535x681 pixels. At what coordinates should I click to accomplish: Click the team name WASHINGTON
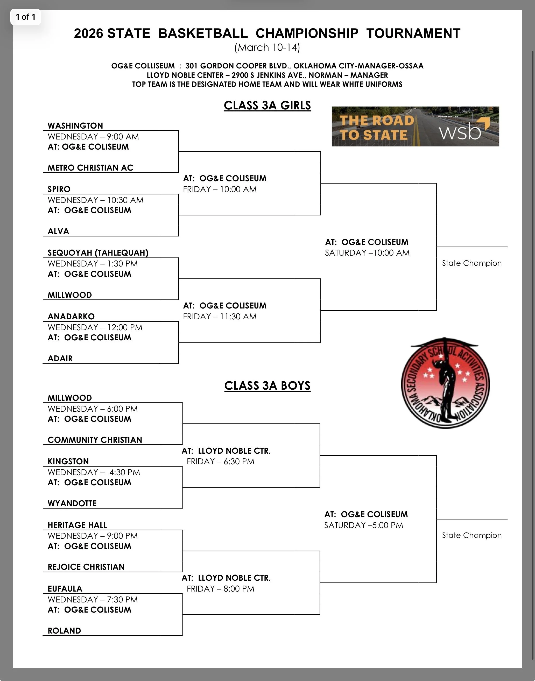75,126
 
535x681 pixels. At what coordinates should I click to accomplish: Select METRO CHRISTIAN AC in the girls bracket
90,167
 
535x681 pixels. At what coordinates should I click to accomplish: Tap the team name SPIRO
59,189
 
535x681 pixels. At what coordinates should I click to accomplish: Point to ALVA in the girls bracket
58,231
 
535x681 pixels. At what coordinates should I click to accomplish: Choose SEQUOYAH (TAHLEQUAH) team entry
98,252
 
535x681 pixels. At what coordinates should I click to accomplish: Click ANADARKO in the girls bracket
71,316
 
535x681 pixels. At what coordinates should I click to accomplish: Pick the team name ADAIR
60,358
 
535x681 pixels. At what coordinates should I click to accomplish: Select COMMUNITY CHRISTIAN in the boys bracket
95,440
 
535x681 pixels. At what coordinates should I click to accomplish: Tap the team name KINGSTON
68,461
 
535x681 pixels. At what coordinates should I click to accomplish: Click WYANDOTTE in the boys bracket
72,503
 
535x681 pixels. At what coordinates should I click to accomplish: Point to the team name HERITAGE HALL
77,525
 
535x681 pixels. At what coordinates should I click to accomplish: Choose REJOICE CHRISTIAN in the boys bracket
86,567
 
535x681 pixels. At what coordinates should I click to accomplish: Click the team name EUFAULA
65,589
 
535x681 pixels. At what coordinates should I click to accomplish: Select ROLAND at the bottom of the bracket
64,630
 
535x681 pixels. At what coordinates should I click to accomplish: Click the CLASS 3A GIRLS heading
267,106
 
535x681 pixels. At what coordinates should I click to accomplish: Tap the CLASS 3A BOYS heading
267,386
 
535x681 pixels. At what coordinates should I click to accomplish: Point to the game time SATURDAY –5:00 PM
363,525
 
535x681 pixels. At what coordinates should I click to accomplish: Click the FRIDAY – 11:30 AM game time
220,316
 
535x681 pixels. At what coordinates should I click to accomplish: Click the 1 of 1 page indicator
25,17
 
